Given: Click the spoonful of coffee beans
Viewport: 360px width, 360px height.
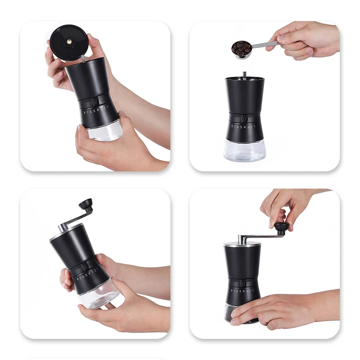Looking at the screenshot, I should click(x=241, y=48).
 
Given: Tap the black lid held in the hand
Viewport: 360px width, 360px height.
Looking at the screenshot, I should click(x=69, y=42).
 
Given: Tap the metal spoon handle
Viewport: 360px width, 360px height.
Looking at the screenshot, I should click(x=264, y=45).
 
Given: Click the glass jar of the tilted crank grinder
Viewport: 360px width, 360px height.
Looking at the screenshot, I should click(x=98, y=294).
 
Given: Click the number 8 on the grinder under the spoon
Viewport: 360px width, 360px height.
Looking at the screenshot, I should click(x=232, y=126).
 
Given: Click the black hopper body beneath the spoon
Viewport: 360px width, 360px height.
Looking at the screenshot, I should click(x=244, y=96).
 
